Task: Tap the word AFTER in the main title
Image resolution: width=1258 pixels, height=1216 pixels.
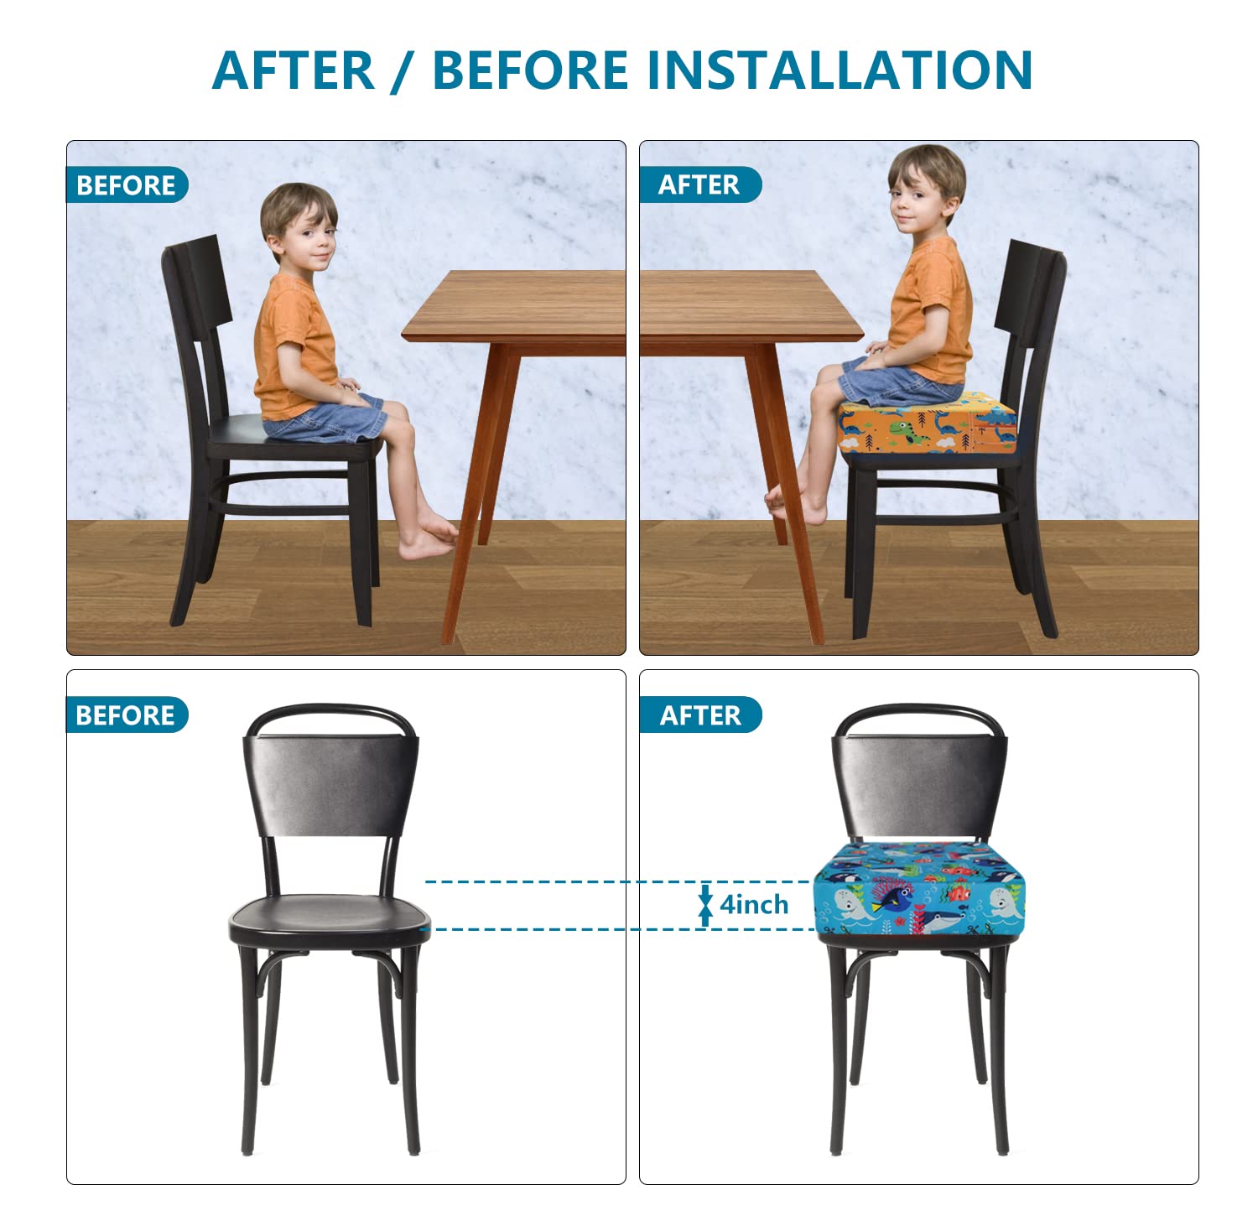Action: coord(294,70)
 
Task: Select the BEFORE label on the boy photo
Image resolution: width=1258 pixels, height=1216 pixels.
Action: coord(126,185)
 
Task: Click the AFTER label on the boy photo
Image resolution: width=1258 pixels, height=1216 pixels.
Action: coord(699,184)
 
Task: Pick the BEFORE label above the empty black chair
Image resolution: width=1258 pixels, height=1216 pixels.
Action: coord(126,715)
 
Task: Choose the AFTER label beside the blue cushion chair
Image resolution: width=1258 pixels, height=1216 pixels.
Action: coord(700,715)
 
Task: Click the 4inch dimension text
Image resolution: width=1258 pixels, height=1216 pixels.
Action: coord(754,905)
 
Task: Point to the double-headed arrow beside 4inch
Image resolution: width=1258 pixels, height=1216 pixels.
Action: coord(705,906)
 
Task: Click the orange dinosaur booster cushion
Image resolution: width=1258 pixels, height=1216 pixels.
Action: coord(928,424)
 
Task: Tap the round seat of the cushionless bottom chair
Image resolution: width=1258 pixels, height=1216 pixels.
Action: coord(330,917)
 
